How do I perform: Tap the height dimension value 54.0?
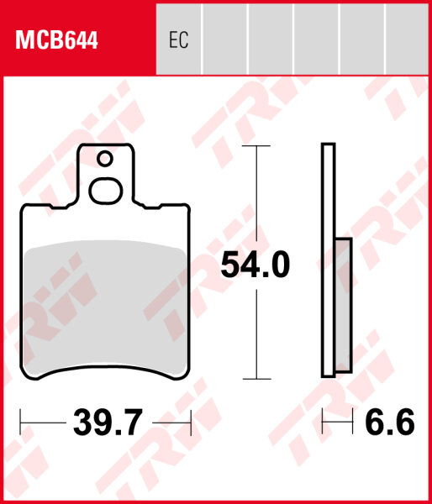coord(255,265)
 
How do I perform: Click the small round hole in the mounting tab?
coord(104,158)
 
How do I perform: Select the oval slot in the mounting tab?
coord(105,191)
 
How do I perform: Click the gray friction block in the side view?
coord(343,305)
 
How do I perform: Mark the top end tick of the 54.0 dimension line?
coord(256,145)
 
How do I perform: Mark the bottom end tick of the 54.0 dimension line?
coord(256,379)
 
